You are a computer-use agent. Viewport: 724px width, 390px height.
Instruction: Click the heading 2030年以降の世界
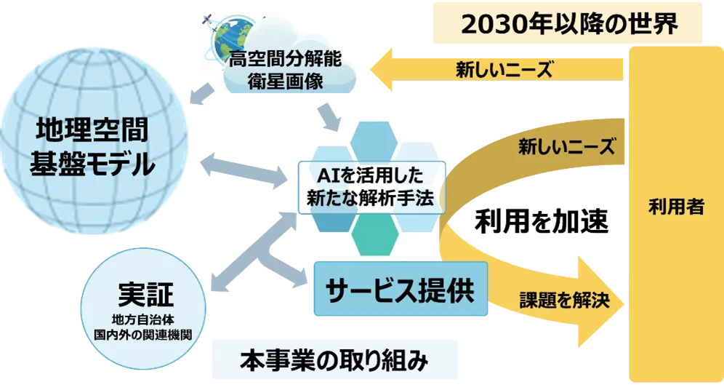(569, 23)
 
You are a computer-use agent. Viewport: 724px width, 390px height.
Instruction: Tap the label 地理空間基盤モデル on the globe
(92, 146)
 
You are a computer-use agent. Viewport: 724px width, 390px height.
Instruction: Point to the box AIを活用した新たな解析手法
(371, 187)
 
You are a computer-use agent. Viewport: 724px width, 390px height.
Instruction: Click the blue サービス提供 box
(401, 289)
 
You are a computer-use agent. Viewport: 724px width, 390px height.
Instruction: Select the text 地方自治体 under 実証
(143, 319)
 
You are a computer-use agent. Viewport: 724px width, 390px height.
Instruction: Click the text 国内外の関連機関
(143, 335)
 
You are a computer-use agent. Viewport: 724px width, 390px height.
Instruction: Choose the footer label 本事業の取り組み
(334, 360)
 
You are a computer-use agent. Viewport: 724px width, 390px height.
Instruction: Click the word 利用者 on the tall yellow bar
(677, 207)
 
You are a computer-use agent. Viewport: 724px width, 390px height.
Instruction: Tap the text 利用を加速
(542, 221)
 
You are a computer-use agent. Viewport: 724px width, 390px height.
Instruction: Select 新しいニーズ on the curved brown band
(567, 147)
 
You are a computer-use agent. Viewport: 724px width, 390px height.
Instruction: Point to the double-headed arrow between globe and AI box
(244, 170)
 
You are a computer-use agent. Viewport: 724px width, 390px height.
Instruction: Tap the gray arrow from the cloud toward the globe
(202, 94)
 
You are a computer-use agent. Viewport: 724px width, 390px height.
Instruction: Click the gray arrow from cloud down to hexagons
(329, 117)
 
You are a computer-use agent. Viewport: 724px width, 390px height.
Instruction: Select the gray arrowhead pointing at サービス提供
(299, 277)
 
